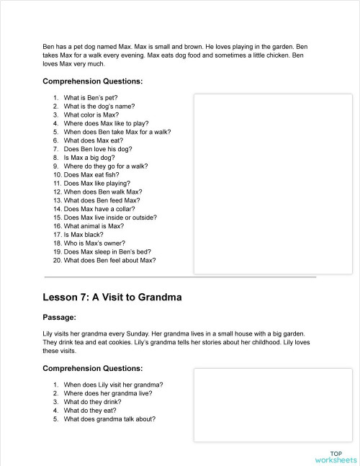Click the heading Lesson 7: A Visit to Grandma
(x=112, y=297)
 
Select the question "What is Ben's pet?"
(x=90, y=97)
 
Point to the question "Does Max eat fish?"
(x=91, y=174)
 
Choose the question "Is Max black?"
(x=83, y=235)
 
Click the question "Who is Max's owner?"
(x=93, y=243)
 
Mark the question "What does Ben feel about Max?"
(x=109, y=260)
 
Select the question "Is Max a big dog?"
(x=88, y=157)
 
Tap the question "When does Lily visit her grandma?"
(x=113, y=385)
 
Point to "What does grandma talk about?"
(x=109, y=419)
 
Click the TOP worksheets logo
(x=336, y=456)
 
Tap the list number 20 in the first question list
(x=57, y=260)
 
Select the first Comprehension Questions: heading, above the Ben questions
(x=92, y=81)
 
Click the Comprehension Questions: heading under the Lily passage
(x=92, y=369)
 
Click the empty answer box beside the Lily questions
(x=273, y=405)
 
